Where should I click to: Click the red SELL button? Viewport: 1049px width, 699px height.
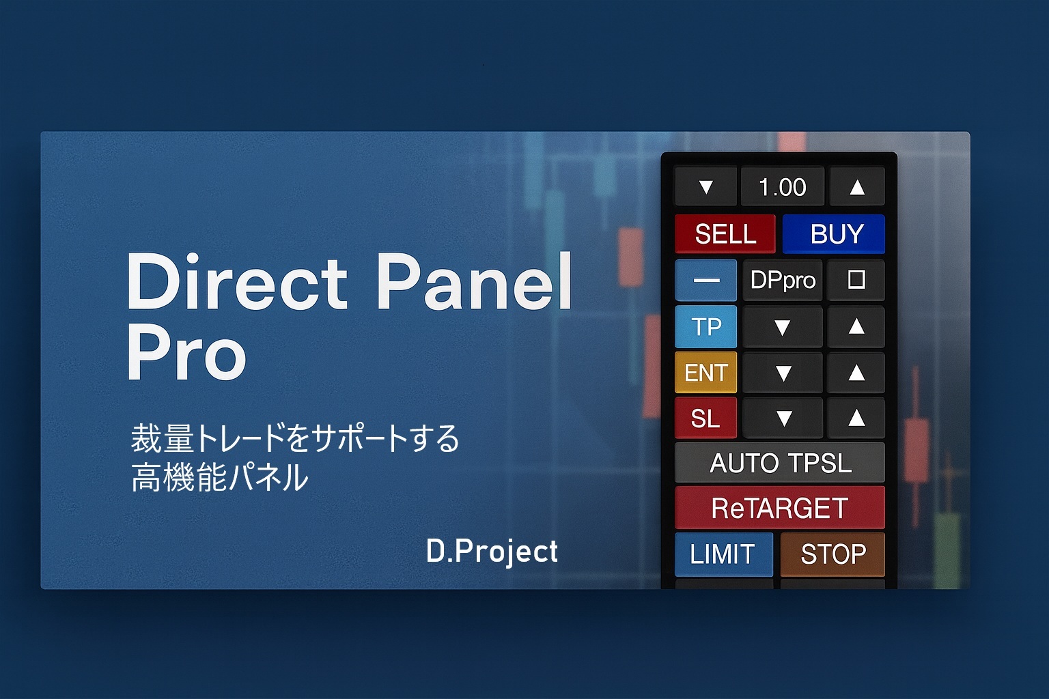point(725,233)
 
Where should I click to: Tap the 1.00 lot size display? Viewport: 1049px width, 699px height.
point(782,187)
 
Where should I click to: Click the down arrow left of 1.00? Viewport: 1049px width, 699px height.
point(705,187)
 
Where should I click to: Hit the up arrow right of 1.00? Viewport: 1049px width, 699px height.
point(857,187)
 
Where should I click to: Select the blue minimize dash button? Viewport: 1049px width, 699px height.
point(705,280)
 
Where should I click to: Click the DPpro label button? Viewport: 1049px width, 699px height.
point(783,280)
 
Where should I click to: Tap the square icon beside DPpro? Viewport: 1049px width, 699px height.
point(856,280)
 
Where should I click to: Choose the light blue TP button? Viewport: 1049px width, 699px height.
point(705,326)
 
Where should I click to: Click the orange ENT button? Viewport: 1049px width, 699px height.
point(705,372)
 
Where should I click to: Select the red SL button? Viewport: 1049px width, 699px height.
point(705,418)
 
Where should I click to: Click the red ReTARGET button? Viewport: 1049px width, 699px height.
point(780,508)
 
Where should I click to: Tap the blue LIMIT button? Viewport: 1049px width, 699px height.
point(723,554)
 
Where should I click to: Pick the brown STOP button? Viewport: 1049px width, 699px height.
point(833,554)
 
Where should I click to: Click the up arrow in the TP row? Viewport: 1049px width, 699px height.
point(856,326)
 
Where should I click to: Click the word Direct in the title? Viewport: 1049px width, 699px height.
point(237,281)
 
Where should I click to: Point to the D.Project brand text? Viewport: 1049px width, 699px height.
point(492,551)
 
